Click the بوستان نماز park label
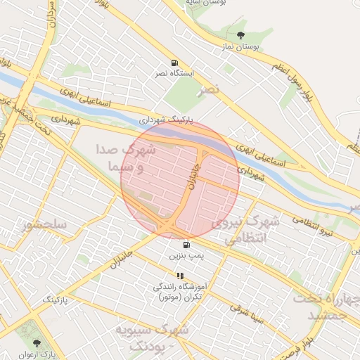coord(242,47)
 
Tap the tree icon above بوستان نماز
coord(241,35)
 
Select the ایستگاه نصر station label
coord(174,73)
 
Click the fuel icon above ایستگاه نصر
coord(174,62)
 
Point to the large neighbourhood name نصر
coord(208,89)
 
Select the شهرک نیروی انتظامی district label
coord(246,231)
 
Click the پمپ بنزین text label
coord(186,257)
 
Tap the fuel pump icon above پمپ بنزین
coord(186,245)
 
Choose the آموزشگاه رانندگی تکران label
coord(179,292)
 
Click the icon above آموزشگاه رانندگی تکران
coord(179,276)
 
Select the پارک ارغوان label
coord(37,354)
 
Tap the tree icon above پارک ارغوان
coord(37,342)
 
